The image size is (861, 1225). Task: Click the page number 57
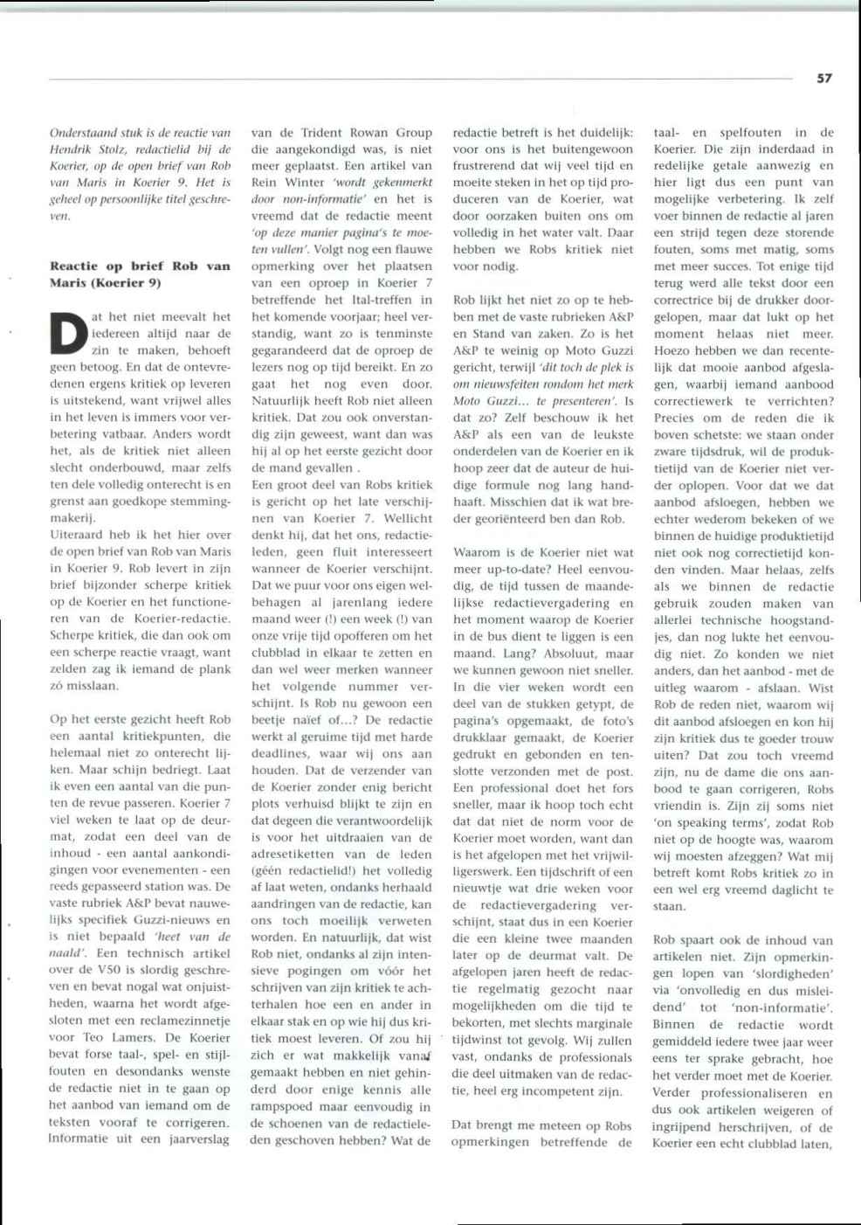tap(824, 78)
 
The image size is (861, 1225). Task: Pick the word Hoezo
tap(673, 350)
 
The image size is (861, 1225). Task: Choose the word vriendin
tap(678, 806)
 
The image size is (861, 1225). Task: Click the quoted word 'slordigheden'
tap(789, 974)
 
